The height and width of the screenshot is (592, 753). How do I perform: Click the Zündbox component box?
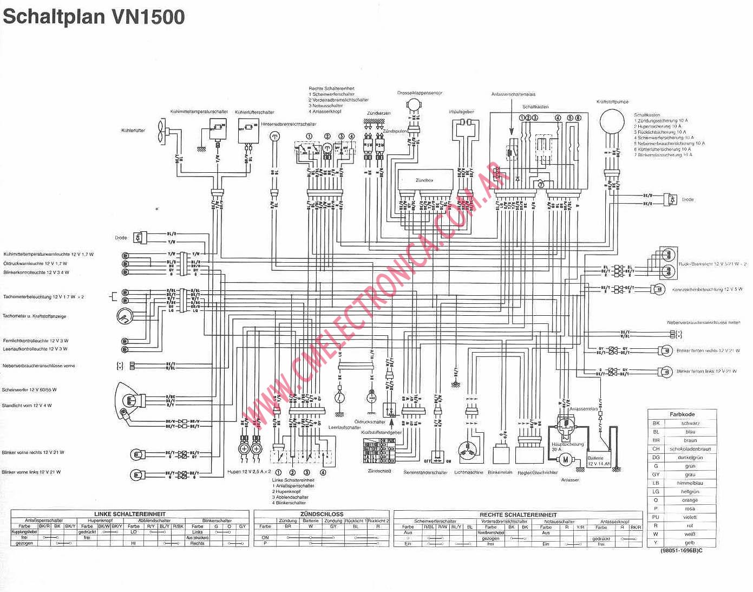pyautogui.click(x=424, y=180)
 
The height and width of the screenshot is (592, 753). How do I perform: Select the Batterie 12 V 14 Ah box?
pyautogui.click(x=599, y=460)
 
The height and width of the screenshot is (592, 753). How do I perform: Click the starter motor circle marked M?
pyautogui.click(x=565, y=460)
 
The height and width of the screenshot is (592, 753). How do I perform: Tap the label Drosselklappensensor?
pyautogui.click(x=420, y=93)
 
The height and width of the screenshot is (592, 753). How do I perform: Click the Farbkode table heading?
pyautogui.click(x=682, y=414)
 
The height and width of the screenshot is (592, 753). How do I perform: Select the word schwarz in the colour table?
pyautogui.click(x=690, y=423)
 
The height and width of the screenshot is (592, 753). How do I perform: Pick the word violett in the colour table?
pyautogui.click(x=690, y=517)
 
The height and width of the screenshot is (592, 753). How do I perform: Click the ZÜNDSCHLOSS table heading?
pyautogui.click(x=322, y=514)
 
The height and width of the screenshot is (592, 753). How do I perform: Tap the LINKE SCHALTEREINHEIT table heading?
pyautogui.click(x=130, y=514)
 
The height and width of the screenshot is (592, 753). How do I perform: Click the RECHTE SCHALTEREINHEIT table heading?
pyautogui.click(x=518, y=515)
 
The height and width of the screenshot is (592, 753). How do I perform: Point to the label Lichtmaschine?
pyautogui.click(x=469, y=472)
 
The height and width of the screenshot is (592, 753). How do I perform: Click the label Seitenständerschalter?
pyautogui.click(x=425, y=472)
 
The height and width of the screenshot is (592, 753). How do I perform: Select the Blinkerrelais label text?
pyautogui.click(x=500, y=472)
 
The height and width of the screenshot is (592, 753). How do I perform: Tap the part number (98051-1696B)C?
pyautogui.click(x=681, y=551)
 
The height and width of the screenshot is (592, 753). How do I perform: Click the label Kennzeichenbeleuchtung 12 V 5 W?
pyautogui.click(x=708, y=289)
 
